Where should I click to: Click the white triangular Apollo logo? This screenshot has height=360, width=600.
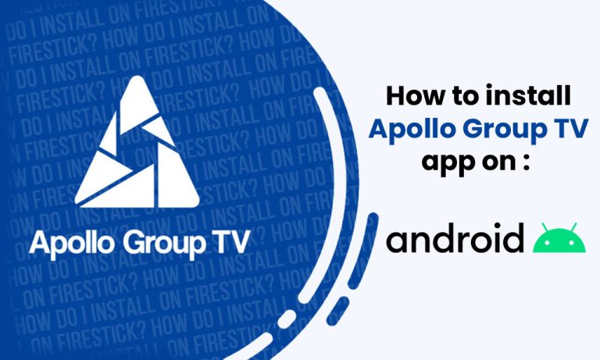pos(138,152)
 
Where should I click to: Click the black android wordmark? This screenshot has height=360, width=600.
pos(455,238)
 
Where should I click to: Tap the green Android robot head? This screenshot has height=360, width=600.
pos(559,241)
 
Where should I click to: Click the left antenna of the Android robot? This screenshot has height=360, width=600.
pos(544,226)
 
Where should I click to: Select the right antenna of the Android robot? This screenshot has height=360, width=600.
pos(575,226)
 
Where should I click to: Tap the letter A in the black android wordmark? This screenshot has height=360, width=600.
pos(398,241)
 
